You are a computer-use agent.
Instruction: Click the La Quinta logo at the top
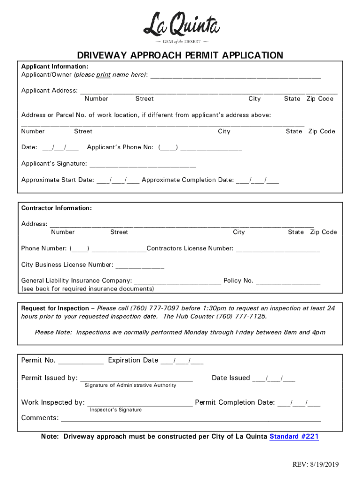[181, 27]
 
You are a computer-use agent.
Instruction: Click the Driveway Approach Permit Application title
[180, 56]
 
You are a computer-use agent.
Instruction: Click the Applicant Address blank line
[209, 91]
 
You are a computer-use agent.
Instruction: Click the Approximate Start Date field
[118, 180]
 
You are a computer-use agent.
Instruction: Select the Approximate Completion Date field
[258, 180]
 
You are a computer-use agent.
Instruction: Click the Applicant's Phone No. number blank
[211, 148]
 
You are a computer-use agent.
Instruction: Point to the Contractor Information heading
[57, 208]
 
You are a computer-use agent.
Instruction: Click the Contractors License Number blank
[278, 249]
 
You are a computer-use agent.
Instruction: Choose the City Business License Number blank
[140, 265]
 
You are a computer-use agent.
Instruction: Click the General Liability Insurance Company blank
[177, 281]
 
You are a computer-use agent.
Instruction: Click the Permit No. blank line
[80, 361]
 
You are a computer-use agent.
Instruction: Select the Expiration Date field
[182, 361]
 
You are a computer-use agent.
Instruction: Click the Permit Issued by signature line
[137, 378]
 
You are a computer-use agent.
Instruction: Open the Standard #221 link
[294, 436]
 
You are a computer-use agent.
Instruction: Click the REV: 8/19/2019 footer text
[316, 464]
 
